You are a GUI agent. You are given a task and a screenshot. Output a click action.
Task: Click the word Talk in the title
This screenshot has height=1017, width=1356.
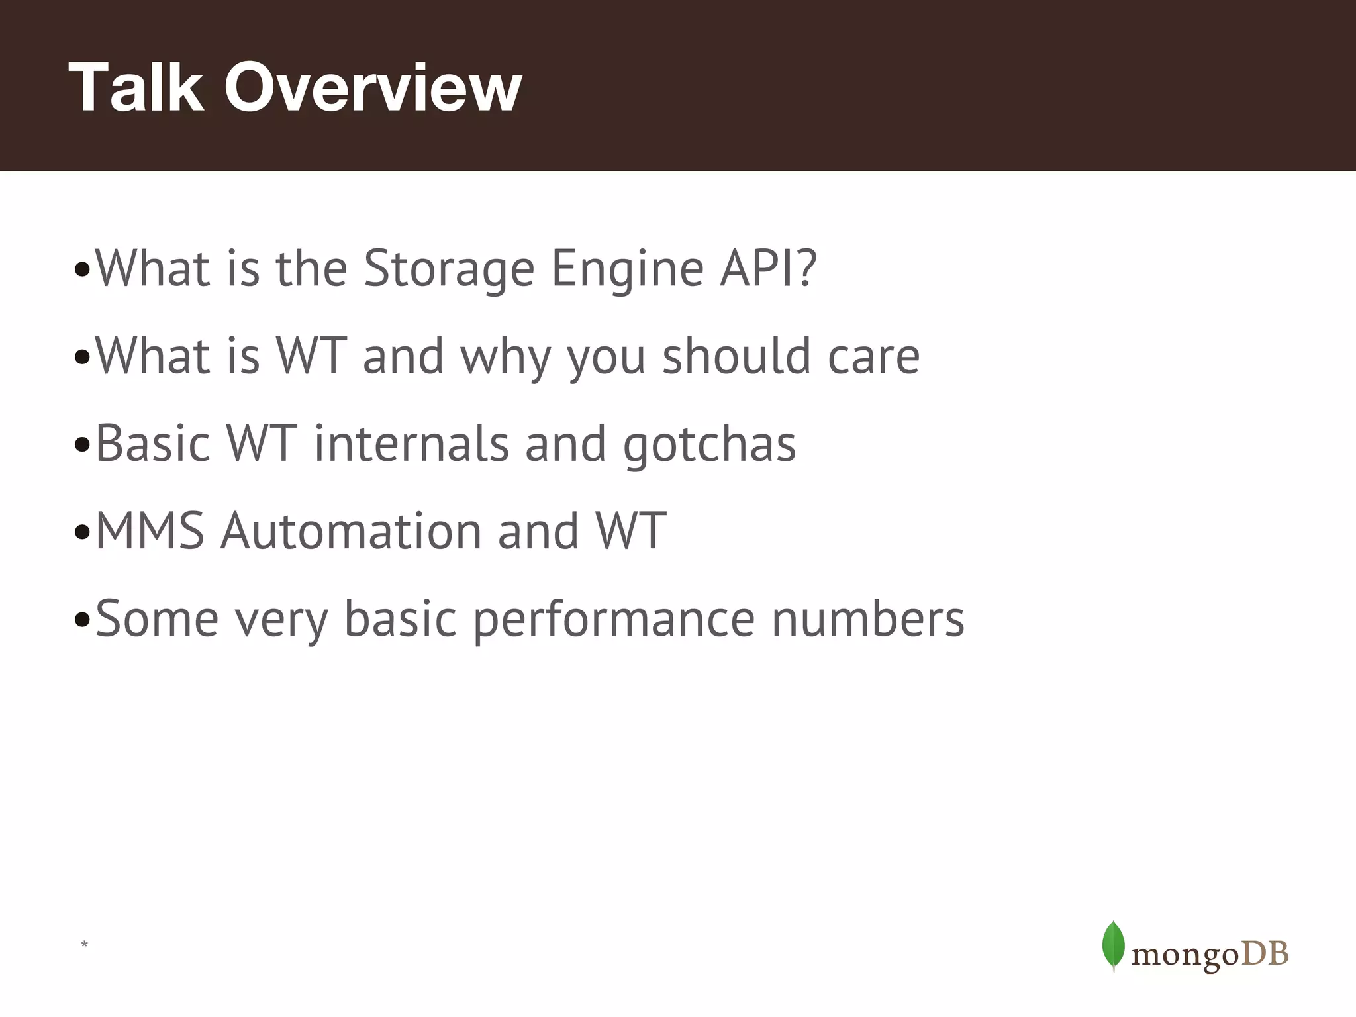click(x=136, y=87)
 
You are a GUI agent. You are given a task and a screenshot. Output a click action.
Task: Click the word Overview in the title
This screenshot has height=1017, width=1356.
click(x=373, y=87)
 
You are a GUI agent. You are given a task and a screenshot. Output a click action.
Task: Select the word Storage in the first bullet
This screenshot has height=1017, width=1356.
click(x=449, y=269)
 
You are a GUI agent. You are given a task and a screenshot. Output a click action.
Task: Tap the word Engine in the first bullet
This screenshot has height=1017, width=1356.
click(x=627, y=270)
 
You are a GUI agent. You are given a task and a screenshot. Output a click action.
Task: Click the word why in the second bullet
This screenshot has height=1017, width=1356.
click(x=505, y=358)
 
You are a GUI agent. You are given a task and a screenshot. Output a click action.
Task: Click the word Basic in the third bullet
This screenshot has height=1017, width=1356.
click(x=152, y=444)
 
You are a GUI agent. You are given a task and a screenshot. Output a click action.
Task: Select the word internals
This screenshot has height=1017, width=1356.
click(x=411, y=444)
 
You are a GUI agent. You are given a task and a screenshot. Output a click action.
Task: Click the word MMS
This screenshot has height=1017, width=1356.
click(x=150, y=531)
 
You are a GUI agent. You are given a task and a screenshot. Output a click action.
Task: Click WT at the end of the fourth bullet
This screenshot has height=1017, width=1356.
click(x=630, y=531)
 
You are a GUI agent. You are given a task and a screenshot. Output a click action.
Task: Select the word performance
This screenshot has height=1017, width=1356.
click(x=614, y=620)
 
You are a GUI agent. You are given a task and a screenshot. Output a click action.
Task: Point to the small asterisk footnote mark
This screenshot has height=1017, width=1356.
click(x=84, y=944)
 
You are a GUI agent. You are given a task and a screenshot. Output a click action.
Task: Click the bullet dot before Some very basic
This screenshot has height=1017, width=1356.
click(x=82, y=621)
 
